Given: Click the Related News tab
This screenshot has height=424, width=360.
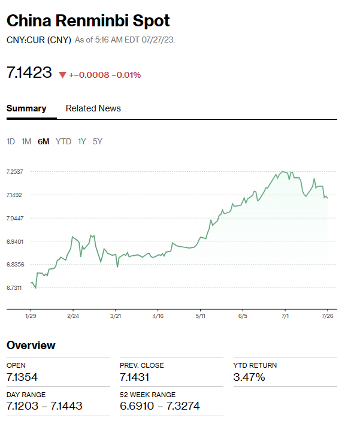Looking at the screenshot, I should tap(93, 108).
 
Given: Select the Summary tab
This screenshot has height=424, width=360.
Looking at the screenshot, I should tap(26, 108).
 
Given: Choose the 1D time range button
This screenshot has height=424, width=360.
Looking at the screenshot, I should tap(11, 141).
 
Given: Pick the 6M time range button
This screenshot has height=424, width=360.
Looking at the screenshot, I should tap(43, 141).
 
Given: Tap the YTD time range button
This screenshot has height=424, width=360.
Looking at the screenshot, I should tap(63, 141).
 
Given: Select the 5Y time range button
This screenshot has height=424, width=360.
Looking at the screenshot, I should tap(98, 141).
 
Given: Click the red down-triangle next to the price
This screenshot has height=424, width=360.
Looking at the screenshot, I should tap(62, 75).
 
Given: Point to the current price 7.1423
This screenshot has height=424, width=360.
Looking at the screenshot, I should tap(29, 73).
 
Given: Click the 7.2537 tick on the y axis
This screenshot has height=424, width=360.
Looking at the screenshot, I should tap(14, 172).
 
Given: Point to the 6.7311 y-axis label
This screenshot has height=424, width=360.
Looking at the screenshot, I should tap(14, 288).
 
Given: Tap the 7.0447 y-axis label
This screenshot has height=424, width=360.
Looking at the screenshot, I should tap(14, 218).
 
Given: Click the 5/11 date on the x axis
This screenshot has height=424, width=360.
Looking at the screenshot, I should tap(201, 315).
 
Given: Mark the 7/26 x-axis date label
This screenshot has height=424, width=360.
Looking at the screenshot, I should tap(328, 315).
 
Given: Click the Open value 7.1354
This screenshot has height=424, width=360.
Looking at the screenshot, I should tap(25, 377).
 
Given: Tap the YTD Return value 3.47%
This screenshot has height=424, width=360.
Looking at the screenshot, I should tap(249, 377).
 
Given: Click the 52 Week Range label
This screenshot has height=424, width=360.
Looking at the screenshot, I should tap(147, 395).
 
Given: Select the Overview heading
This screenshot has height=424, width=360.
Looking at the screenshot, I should tap(31, 346).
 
